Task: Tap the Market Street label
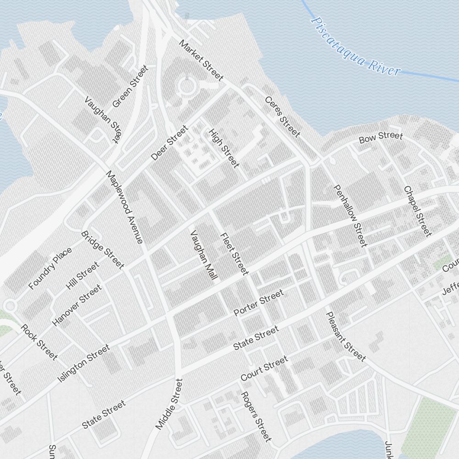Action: point(201,60)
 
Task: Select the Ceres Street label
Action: point(282,117)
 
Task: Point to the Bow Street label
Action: point(381,137)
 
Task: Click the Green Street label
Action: point(131,86)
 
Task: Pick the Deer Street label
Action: point(170,143)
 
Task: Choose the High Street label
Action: point(224,148)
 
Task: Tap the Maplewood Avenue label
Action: point(124,207)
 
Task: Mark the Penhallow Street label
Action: point(351,215)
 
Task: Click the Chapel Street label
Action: point(418,211)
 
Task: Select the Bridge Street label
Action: point(103,250)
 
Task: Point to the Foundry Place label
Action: point(50,269)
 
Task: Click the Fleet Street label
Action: point(234,254)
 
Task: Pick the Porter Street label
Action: point(258,303)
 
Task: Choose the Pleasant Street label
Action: point(346,336)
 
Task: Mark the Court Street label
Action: point(264,369)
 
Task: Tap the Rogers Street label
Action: point(256,416)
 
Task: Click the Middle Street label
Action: point(169,404)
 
